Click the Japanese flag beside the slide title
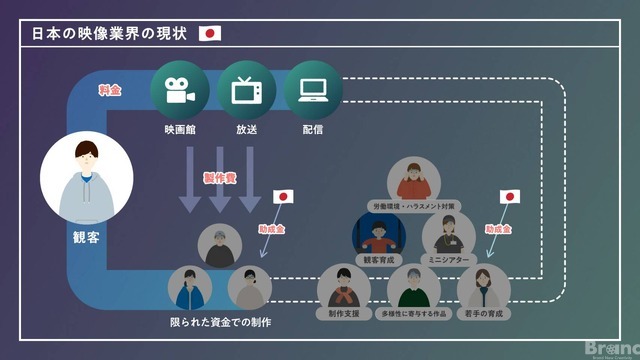[x=210, y=33]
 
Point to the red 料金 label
[x=110, y=89]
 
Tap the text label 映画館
[x=179, y=129]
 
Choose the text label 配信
[x=312, y=129]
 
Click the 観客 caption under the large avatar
[x=86, y=239]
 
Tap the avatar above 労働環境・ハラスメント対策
[x=413, y=179]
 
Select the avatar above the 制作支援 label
[x=343, y=288]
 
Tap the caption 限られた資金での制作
[x=220, y=322]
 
